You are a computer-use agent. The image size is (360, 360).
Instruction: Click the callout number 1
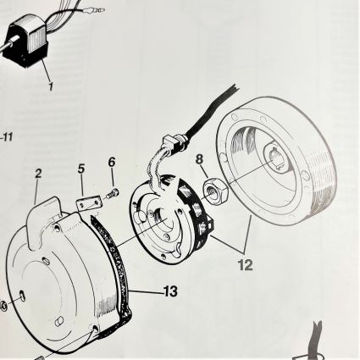pyautogui.click(x=51, y=86)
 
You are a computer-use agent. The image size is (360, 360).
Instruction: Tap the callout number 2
pyautogui.click(x=38, y=174)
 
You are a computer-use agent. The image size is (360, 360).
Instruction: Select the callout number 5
pyautogui.click(x=81, y=169)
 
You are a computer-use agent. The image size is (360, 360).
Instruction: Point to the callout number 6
pyautogui.click(x=112, y=162)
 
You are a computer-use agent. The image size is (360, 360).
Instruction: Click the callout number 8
pyautogui.click(x=199, y=159)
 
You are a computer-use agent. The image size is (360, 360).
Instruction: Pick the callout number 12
pyautogui.click(x=245, y=265)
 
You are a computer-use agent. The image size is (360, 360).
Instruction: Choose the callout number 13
pyautogui.click(x=170, y=291)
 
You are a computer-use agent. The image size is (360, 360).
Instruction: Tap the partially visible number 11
pyautogui.click(x=7, y=137)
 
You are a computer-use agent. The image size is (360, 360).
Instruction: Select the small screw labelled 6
pyautogui.click(x=113, y=193)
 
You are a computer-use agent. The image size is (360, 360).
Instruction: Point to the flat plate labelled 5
pyautogui.click(x=88, y=204)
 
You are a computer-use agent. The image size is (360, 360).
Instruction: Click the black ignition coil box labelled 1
pyautogui.click(x=26, y=45)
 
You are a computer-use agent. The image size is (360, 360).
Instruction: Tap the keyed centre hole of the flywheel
pyautogui.click(x=275, y=160)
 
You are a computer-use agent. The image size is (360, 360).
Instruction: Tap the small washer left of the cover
pyautogui.click(x=3, y=306)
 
